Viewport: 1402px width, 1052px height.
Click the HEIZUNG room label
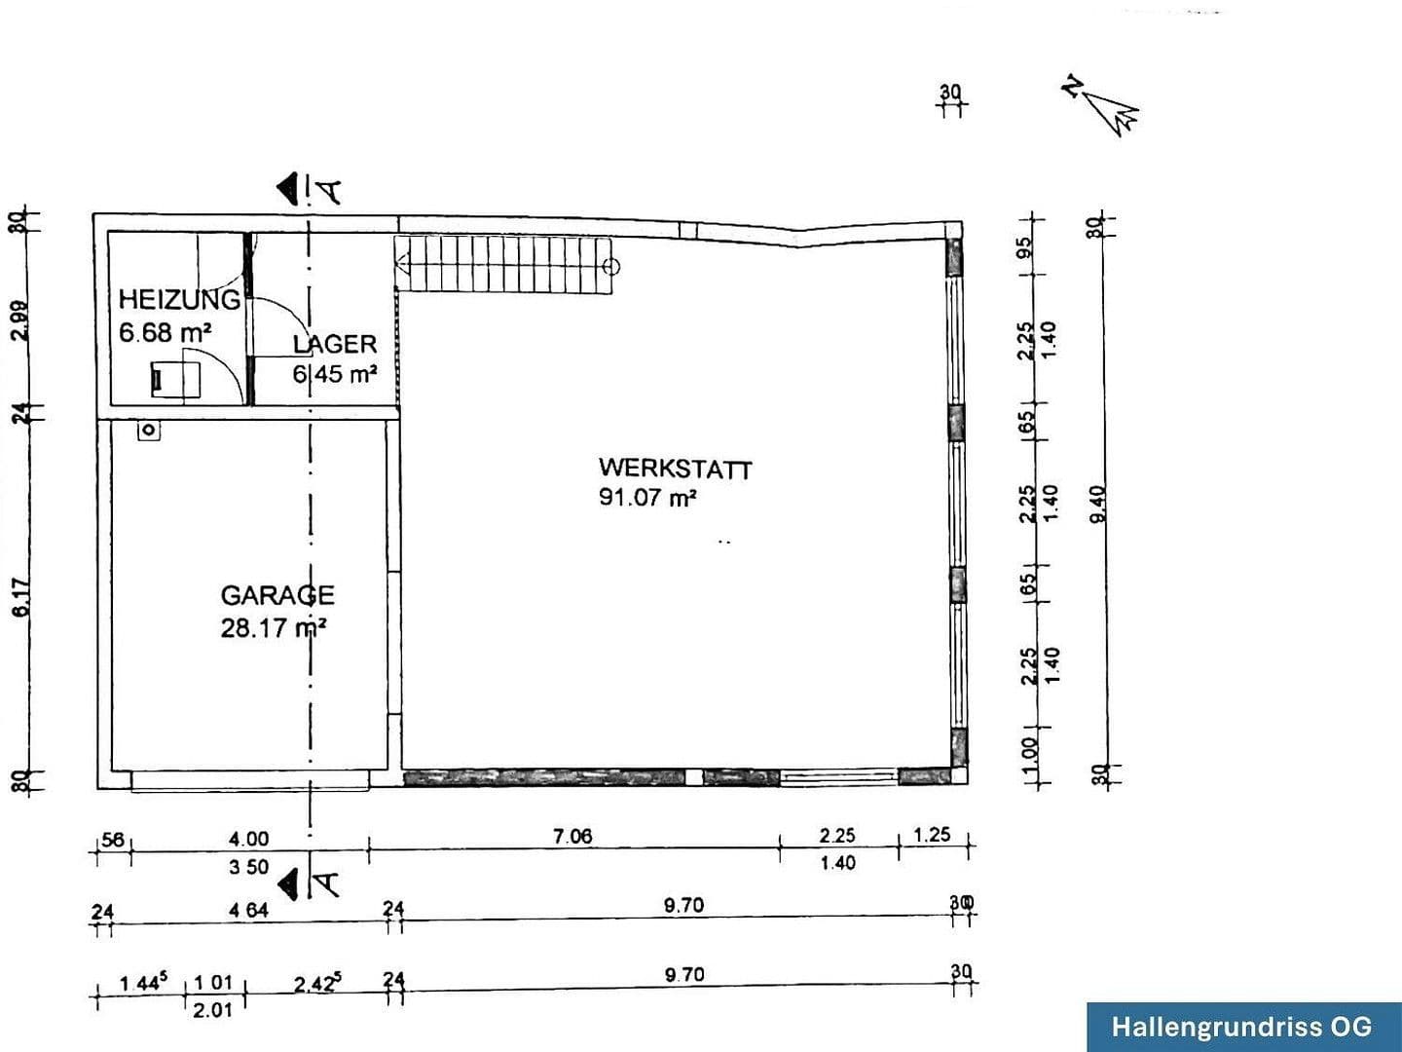coord(179,299)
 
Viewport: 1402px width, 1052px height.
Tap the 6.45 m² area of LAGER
coord(335,374)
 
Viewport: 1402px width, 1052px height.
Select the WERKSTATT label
coord(675,469)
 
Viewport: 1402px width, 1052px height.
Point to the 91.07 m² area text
coord(647,498)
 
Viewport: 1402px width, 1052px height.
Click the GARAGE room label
coord(277,595)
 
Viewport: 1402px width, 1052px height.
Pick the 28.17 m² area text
coord(273,627)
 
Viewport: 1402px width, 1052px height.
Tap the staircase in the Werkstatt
coord(506,265)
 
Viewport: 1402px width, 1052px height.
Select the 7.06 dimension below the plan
coord(572,836)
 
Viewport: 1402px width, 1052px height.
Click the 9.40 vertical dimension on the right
coord(1099,504)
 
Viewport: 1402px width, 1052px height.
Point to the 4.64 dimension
coord(248,911)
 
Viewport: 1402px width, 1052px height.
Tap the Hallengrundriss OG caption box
coord(1243,1026)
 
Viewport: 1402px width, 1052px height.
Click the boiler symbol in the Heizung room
coord(175,380)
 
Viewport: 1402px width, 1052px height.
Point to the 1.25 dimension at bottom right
coord(933,835)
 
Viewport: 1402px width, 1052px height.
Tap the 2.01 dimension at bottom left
coord(212,1010)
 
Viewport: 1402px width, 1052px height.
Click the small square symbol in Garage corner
coord(148,430)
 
